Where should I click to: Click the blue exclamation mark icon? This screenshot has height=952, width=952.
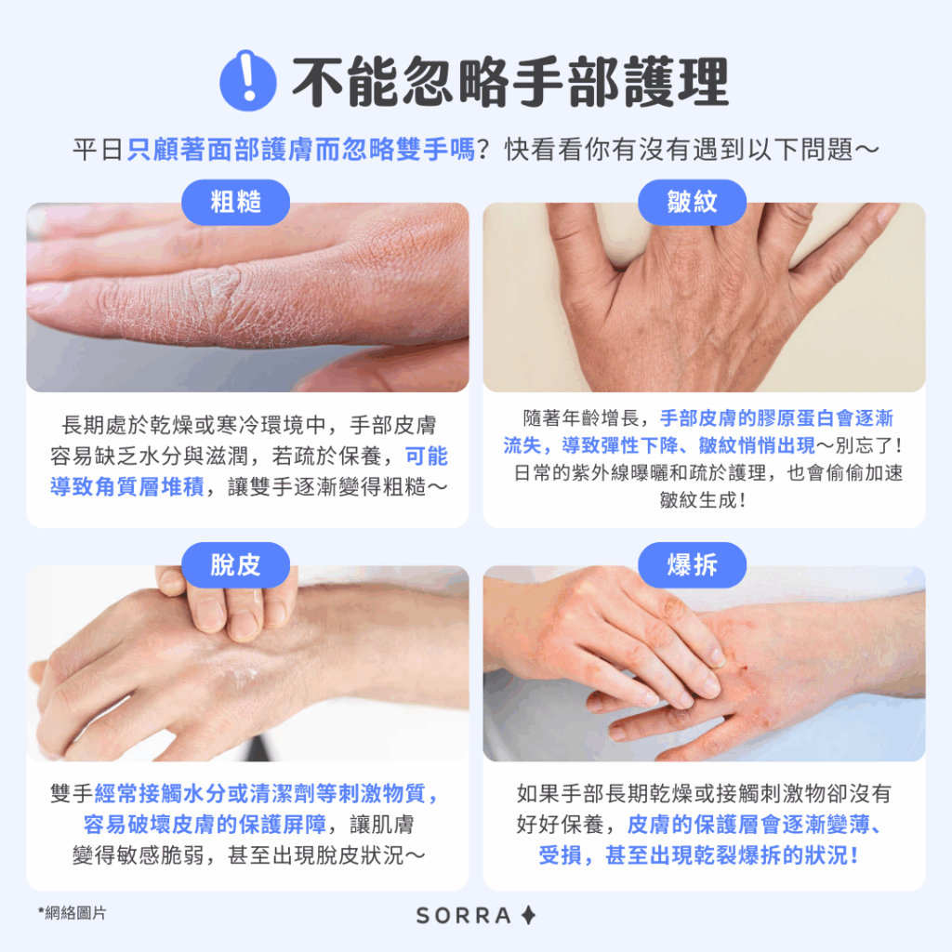pyautogui.click(x=247, y=80)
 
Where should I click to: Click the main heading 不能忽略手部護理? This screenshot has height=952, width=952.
pyautogui.click(x=510, y=82)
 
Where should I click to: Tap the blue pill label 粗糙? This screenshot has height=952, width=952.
pyautogui.click(x=235, y=202)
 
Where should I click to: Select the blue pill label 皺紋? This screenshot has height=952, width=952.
pyautogui.click(x=692, y=202)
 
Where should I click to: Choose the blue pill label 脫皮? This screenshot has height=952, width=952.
pyautogui.click(x=235, y=564)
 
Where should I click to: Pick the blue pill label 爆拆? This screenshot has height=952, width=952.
pyautogui.click(x=692, y=564)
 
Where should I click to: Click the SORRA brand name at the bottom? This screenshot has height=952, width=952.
pyautogui.click(x=464, y=915)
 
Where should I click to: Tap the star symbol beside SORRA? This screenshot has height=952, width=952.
pyautogui.click(x=529, y=915)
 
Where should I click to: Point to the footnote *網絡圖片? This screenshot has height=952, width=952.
pyautogui.click(x=72, y=913)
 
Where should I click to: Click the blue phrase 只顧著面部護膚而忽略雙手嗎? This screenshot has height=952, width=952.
pyautogui.click(x=300, y=150)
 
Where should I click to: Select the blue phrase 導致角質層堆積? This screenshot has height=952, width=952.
pyautogui.click(x=126, y=487)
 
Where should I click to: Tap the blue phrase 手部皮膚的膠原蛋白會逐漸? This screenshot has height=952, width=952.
pyautogui.click(x=776, y=417)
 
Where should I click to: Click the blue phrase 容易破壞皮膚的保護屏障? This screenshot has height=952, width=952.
pyautogui.click(x=205, y=824)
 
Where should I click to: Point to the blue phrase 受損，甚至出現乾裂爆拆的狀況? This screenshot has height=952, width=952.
pyautogui.click(x=698, y=855)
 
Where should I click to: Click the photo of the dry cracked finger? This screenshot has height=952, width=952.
pyautogui.click(x=247, y=297)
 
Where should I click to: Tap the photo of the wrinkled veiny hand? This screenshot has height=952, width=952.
pyautogui.click(x=705, y=297)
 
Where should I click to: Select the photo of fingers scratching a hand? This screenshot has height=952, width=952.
pyautogui.click(x=247, y=663)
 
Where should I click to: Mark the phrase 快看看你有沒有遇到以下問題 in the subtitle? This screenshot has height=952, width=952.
pyautogui.click(x=679, y=150)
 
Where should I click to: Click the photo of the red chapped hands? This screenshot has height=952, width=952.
pyautogui.click(x=705, y=663)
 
